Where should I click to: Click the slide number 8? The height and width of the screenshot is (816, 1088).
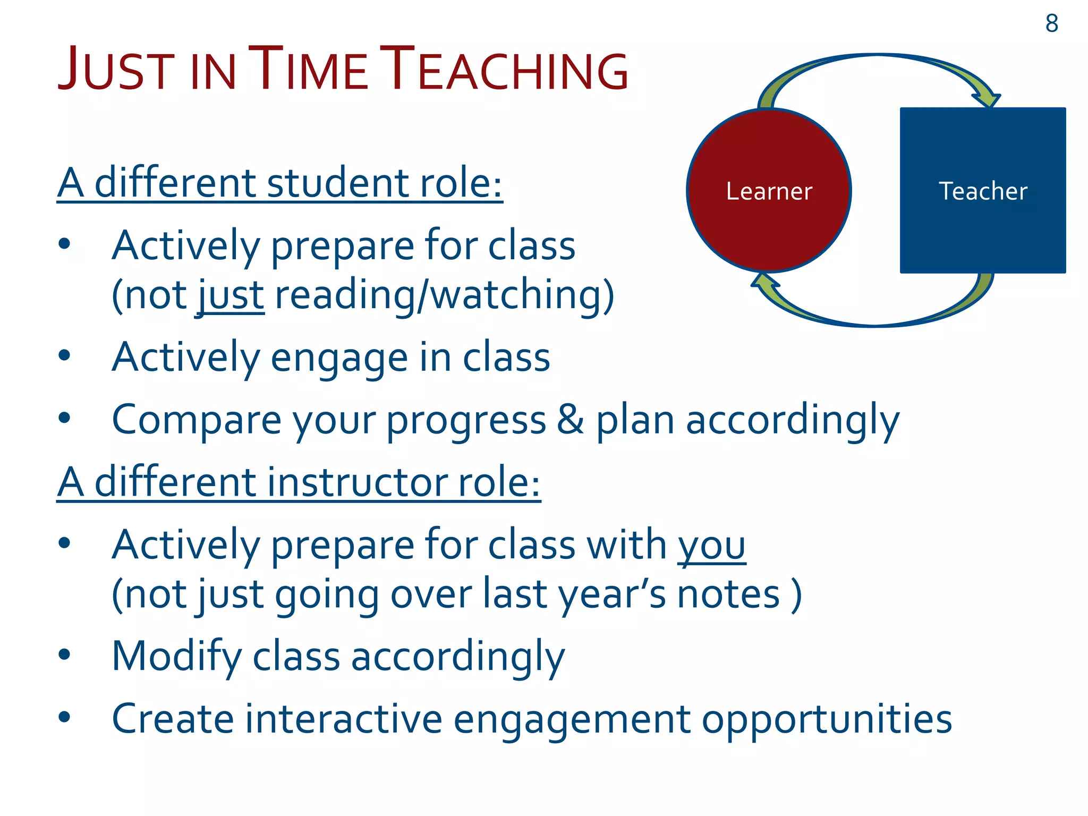pyautogui.click(x=1051, y=24)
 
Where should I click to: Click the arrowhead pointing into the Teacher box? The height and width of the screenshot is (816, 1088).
pyautogui.click(x=988, y=99)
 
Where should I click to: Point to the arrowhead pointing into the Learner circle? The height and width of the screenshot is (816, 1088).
pyautogui.click(x=763, y=282)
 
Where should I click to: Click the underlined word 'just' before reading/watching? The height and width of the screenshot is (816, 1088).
pyautogui.click(x=231, y=295)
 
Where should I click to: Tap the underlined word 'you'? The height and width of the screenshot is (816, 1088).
pyautogui.click(x=711, y=546)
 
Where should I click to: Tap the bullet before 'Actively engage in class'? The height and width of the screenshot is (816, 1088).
pyautogui.click(x=64, y=355)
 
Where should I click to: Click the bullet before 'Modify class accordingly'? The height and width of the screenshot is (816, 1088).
pyautogui.click(x=64, y=654)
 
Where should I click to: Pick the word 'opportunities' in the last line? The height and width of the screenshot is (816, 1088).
pyautogui.click(x=827, y=719)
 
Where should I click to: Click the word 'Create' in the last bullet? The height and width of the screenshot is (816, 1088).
pyautogui.click(x=173, y=719)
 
